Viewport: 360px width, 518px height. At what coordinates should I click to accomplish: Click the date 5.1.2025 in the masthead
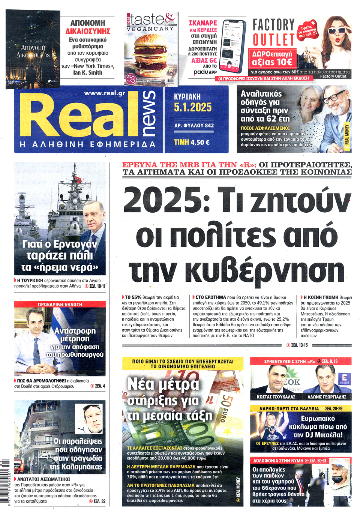tap(193, 108)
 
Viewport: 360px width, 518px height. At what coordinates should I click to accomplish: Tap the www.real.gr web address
tap(105, 93)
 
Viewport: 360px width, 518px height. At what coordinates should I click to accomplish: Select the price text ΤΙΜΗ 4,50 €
tap(192, 142)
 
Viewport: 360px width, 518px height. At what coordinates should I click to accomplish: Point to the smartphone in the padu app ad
tap(232, 46)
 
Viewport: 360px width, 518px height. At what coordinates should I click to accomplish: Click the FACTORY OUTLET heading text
tap(274, 32)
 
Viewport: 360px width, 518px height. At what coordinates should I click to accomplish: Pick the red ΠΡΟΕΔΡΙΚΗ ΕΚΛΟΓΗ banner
tap(60, 304)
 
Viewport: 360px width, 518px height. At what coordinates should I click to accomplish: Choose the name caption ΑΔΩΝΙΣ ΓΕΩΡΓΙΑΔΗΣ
tap(327, 397)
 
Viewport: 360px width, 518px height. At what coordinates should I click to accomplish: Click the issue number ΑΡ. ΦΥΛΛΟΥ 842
tap(194, 126)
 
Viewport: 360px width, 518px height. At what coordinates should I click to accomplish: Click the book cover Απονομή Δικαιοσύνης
tap(33, 49)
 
